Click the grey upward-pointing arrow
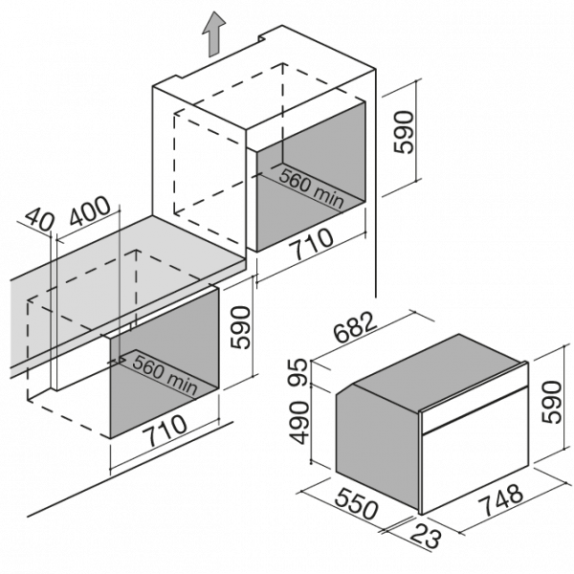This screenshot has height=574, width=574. [213, 34]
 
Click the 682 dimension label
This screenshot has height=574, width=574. [356, 327]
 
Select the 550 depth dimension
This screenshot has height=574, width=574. [356, 504]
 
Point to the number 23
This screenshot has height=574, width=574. [426, 537]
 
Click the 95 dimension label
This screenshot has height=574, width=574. [298, 371]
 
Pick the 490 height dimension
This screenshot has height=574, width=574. [298, 423]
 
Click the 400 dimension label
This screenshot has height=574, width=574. [90, 210]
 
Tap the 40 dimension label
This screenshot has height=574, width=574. [39, 219]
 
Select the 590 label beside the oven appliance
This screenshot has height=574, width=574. [551, 402]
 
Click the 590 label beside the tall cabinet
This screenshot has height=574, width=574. [404, 132]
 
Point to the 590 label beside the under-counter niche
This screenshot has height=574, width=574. [240, 327]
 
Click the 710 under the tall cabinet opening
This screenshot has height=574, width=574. [311, 243]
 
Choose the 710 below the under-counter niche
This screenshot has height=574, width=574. [165, 431]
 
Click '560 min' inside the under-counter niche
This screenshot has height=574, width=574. [166, 373]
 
